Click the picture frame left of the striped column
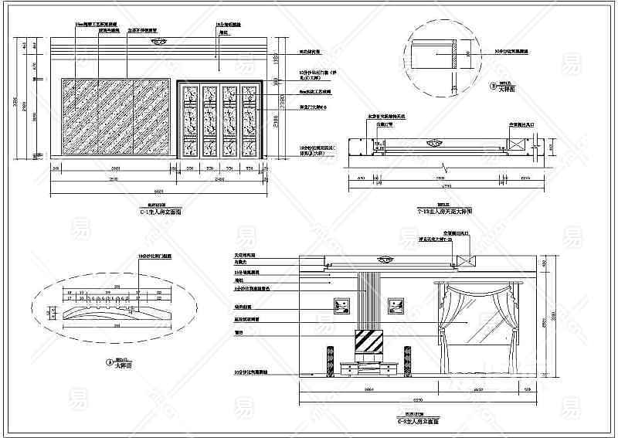click(x=341, y=304)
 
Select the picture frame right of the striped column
click(x=396, y=304)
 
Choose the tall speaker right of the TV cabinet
click(x=405, y=360)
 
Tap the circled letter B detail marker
click(x=493, y=88)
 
